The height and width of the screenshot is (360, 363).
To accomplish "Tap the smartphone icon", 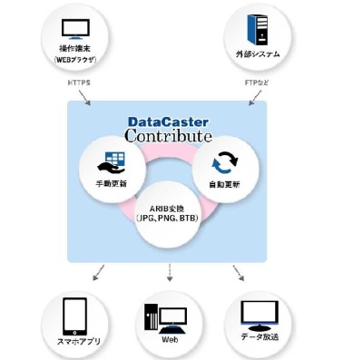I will pyautogui.click(x=74, y=315).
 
